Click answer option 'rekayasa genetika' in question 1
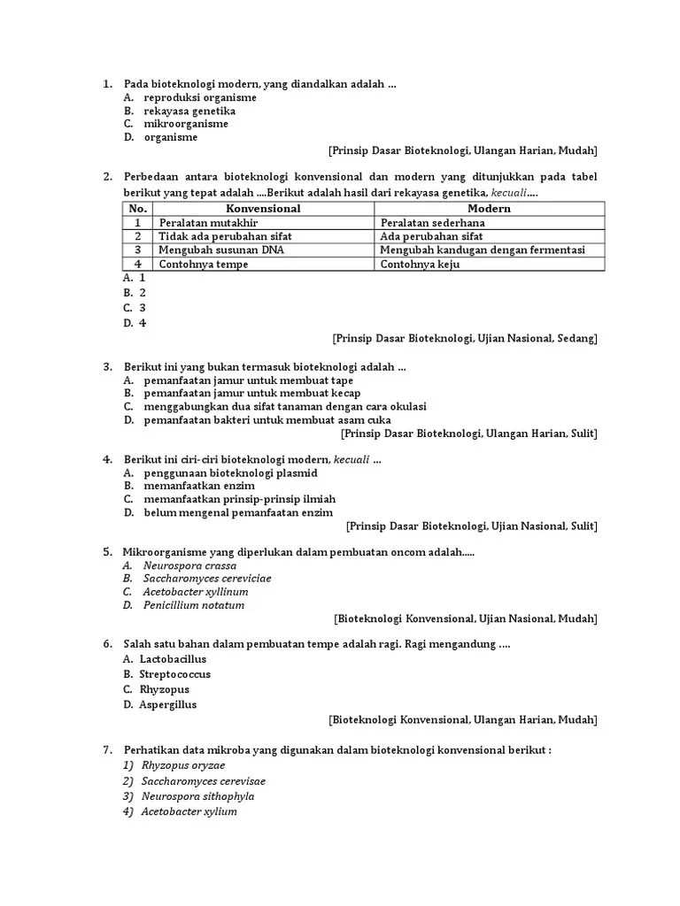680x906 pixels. [189, 111]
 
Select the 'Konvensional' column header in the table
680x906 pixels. [264, 209]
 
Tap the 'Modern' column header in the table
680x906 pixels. [489, 209]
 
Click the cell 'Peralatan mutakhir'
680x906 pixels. [208, 223]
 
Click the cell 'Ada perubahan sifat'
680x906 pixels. [431, 236]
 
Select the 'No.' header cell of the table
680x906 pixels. [137, 209]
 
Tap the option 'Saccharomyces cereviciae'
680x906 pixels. [207, 578]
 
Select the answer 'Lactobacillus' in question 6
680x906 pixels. [173, 659]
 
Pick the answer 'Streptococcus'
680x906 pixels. [174, 674]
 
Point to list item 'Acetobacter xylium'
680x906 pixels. [189, 811]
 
